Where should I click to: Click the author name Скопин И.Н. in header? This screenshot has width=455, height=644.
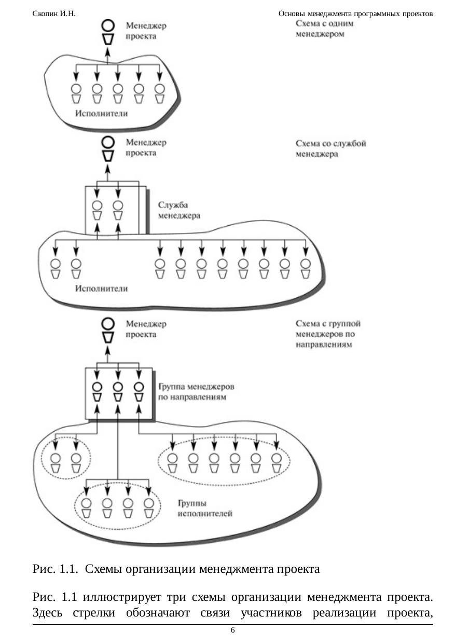54,13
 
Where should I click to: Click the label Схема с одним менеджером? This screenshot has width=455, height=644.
324,29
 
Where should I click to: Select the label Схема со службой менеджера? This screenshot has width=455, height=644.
331,148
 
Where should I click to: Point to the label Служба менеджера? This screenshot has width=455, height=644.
179,210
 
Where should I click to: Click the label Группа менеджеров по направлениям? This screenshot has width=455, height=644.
196,392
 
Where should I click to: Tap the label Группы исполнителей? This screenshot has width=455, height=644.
205,509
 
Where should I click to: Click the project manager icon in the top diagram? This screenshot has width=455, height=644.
108,32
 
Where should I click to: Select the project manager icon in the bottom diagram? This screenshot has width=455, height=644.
108,330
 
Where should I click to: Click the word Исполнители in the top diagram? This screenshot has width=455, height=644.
102,113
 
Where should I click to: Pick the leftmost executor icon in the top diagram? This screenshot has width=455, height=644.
76,93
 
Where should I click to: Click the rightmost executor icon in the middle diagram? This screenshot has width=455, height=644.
306,269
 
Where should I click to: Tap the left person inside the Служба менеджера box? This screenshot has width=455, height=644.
97,210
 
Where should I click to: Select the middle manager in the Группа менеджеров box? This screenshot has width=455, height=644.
118,392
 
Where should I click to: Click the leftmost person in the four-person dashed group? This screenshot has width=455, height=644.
87,508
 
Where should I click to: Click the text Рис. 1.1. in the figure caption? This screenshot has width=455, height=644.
55,569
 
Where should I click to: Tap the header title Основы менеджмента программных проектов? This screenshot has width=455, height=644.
355,13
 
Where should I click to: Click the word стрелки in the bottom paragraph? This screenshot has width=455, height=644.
94,612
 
